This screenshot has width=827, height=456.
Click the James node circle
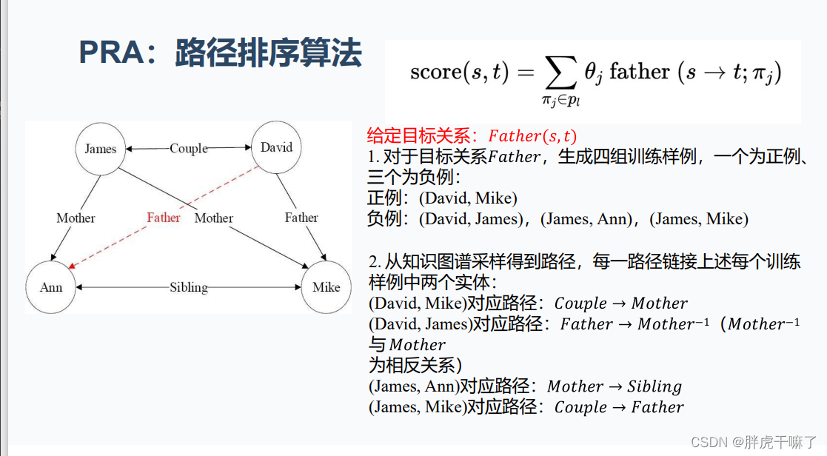[x=101, y=149]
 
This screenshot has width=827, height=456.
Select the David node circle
[x=276, y=147]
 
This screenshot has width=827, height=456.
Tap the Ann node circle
[x=51, y=287]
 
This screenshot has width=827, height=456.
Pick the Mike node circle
[x=326, y=287]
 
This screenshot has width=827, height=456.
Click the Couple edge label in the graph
[x=189, y=148]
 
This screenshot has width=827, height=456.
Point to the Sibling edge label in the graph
[x=189, y=287]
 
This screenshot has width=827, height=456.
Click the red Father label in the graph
[x=164, y=218]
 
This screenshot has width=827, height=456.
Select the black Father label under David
[x=301, y=218]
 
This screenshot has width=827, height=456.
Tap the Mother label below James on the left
[x=76, y=218]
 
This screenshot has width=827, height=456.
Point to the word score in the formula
[x=435, y=73]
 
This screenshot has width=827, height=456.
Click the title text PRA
[x=111, y=54]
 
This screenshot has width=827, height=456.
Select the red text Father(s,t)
[x=532, y=136]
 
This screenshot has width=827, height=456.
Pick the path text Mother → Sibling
[x=614, y=386]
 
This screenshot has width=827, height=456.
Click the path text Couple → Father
[x=618, y=407]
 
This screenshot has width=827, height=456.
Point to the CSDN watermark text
[x=706, y=441]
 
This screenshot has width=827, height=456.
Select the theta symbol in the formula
[x=590, y=72]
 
